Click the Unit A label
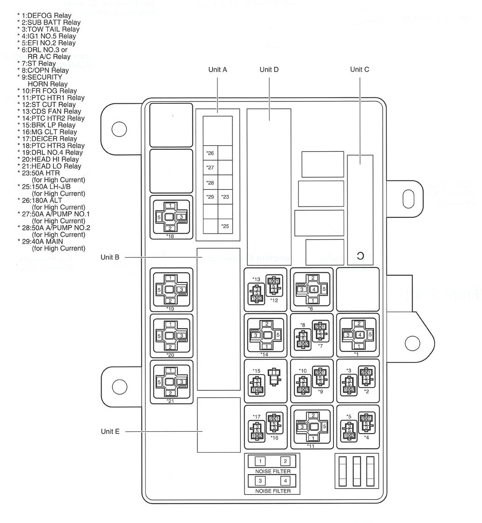[x=217, y=69]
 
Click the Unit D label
[x=269, y=69]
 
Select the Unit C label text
[x=360, y=69]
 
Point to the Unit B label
[x=110, y=257]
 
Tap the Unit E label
[x=110, y=431]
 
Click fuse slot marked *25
[x=225, y=226]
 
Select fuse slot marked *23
[x=225, y=197]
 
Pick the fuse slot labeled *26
[x=210, y=153]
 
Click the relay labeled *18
[x=170, y=217]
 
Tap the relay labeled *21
[x=170, y=382]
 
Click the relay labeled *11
[x=311, y=426]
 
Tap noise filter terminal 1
[x=260, y=462]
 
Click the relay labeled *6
[x=311, y=289]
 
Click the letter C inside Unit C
[x=360, y=255]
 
